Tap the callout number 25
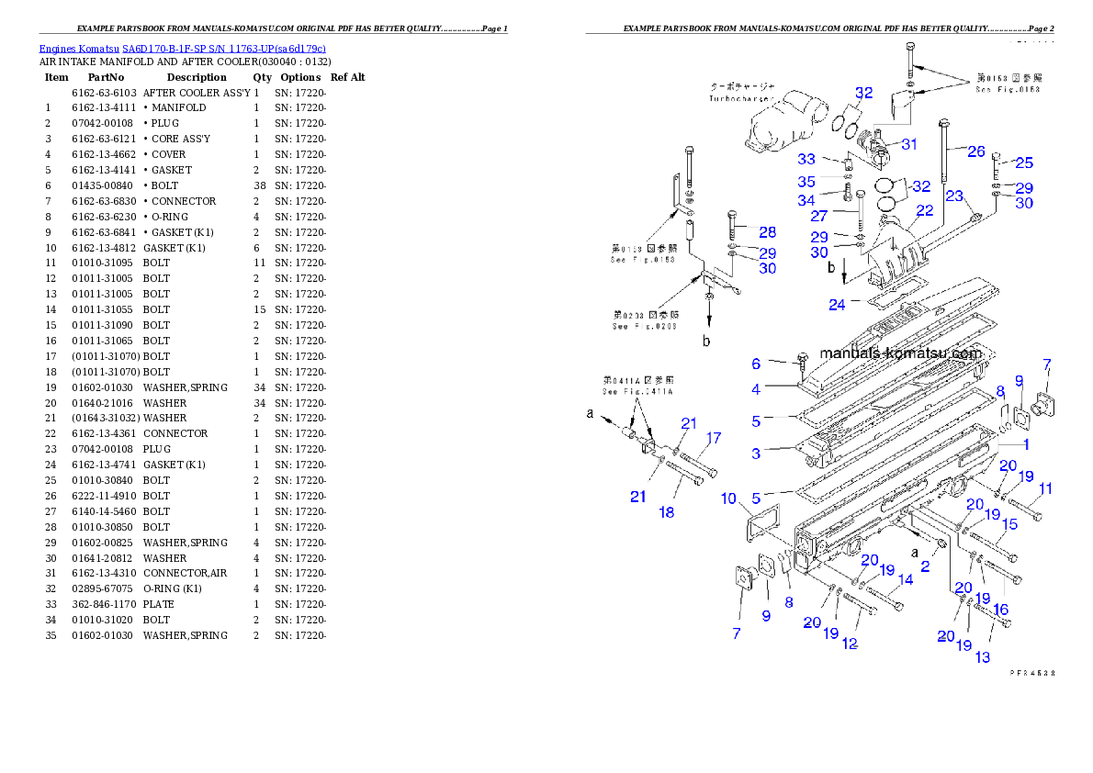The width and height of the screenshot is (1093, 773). click(x=1023, y=162)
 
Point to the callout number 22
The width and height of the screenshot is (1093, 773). click(x=924, y=210)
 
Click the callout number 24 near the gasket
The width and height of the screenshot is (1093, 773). click(x=837, y=305)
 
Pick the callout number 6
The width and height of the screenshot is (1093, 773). click(x=756, y=364)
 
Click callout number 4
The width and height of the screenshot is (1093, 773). click(x=756, y=389)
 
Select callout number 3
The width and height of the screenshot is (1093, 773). click(x=756, y=453)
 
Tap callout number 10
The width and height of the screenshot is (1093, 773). click(x=728, y=499)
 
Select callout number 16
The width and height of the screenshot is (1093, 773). click(x=1001, y=609)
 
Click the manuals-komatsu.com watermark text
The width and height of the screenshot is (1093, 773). click(x=900, y=353)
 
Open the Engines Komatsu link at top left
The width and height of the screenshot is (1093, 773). click(x=182, y=48)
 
